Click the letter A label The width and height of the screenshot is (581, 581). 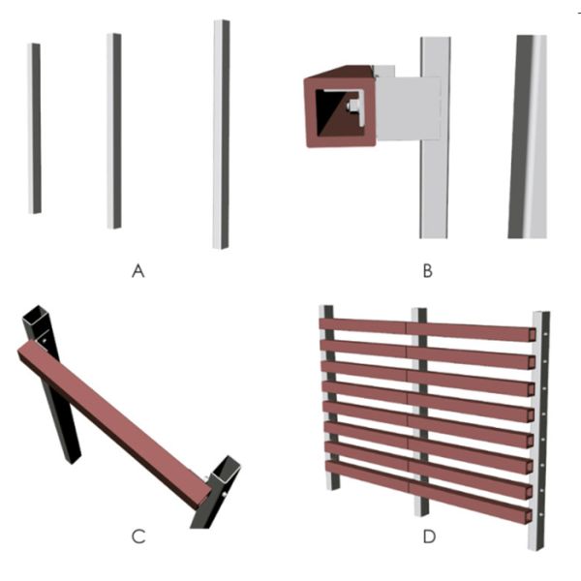(x=138, y=271)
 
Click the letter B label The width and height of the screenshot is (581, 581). (x=428, y=271)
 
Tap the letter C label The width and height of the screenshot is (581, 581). (x=138, y=536)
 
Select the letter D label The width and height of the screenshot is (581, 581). (x=429, y=536)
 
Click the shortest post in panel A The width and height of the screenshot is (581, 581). (x=35, y=129)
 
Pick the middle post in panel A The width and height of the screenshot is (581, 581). (x=114, y=131)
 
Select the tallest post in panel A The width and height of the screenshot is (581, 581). (x=221, y=135)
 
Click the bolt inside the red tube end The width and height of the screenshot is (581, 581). (x=352, y=107)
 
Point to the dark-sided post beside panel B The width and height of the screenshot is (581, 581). (x=528, y=137)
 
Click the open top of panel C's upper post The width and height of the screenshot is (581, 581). (x=36, y=315)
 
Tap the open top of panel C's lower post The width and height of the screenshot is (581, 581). (x=225, y=470)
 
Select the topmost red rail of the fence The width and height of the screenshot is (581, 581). (x=427, y=329)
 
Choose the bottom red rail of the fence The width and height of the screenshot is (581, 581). (x=429, y=491)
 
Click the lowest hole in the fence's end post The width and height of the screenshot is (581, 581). (x=541, y=514)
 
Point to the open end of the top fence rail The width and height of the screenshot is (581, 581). (x=532, y=335)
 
